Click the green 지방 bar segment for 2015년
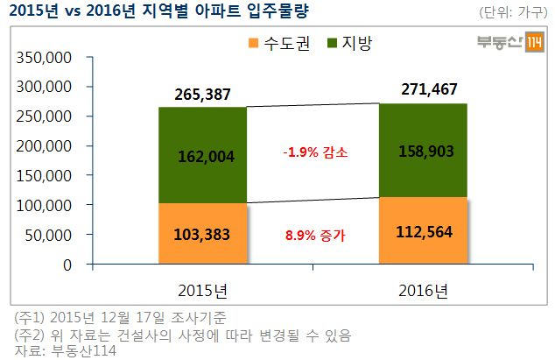(x=202, y=155)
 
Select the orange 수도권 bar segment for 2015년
(x=202, y=234)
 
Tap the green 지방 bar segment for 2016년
(x=423, y=151)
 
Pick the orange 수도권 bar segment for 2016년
(x=423, y=230)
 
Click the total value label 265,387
(x=202, y=95)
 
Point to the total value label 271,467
(x=429, y=89)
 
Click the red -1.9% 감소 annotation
(x=315, y=152)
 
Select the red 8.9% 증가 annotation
(x=315, y=236)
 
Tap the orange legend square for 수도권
(x=254, y=43)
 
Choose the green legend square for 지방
(x=332, y=43)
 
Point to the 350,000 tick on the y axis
(x=44, y=58)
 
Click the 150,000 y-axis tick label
(x=44, y=176)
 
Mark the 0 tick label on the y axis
(x=67, y=265)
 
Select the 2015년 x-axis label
(x=202, y=291)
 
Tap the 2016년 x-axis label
(x=423, y=291)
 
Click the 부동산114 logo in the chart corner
(x=510, y=42)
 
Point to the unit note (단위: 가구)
(x=513, y=12)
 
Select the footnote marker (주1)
(x=30, y=317)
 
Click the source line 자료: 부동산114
(x=65, y=350)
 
